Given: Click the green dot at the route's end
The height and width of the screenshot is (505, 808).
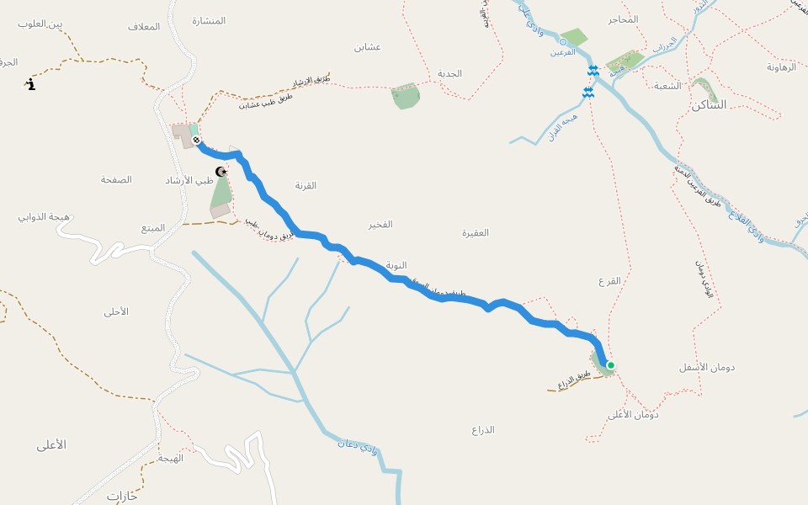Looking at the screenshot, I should [x=610, y=365].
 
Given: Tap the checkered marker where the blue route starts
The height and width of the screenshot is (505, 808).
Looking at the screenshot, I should [x=196, y=140].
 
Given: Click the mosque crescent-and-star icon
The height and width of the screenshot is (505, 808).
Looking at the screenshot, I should [x=221, y=172].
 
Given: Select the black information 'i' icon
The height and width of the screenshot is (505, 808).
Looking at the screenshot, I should [x=31, y=84].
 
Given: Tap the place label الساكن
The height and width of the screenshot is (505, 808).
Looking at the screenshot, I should [x=708, y=105].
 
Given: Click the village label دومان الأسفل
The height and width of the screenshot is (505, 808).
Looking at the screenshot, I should [x=707, y=368].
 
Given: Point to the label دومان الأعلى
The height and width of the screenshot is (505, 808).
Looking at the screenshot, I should [x=633, y=414].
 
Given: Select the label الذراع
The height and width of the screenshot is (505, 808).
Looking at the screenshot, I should [x=483, y=430].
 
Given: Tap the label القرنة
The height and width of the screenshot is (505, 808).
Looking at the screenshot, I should [x=306, y=185].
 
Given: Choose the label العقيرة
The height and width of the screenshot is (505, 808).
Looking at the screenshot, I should [x=476, y=232].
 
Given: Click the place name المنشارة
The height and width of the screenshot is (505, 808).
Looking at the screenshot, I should [x=209, y=20].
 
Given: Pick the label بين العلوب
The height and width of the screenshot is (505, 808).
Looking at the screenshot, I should [x=41, y=24].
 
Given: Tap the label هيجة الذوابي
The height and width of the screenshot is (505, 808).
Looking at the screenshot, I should [x=44, y=217].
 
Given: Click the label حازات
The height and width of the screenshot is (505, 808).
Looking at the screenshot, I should [x=122, y=497].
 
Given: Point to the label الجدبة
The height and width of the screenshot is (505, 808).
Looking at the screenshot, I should [x=449, y=73].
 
